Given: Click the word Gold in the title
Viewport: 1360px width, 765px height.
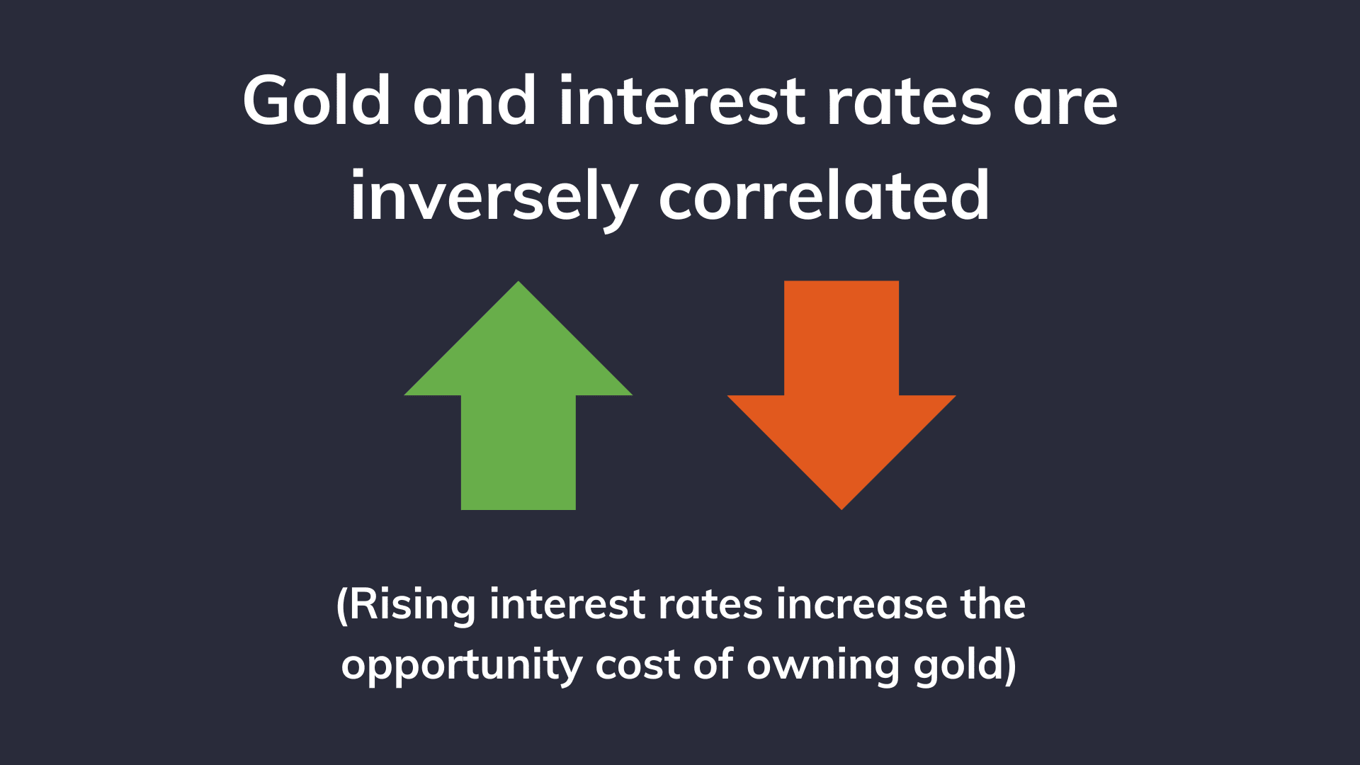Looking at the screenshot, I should (316, 101).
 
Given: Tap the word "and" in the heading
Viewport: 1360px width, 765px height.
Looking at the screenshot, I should (475, 101).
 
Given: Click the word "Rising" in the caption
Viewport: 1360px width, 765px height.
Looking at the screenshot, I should (412, 605).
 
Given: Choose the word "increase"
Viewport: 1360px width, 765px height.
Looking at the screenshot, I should (861, 605).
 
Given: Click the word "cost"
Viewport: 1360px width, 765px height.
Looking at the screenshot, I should (637, 666).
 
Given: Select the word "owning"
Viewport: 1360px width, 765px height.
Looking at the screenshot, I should (822, 666).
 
